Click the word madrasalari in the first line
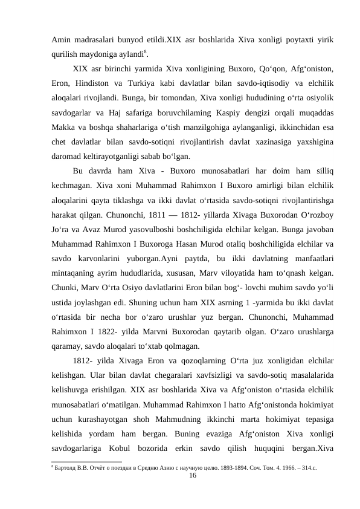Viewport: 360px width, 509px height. (96, 39)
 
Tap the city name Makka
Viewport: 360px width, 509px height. (63, 126)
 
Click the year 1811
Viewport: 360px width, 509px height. (150, 213)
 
